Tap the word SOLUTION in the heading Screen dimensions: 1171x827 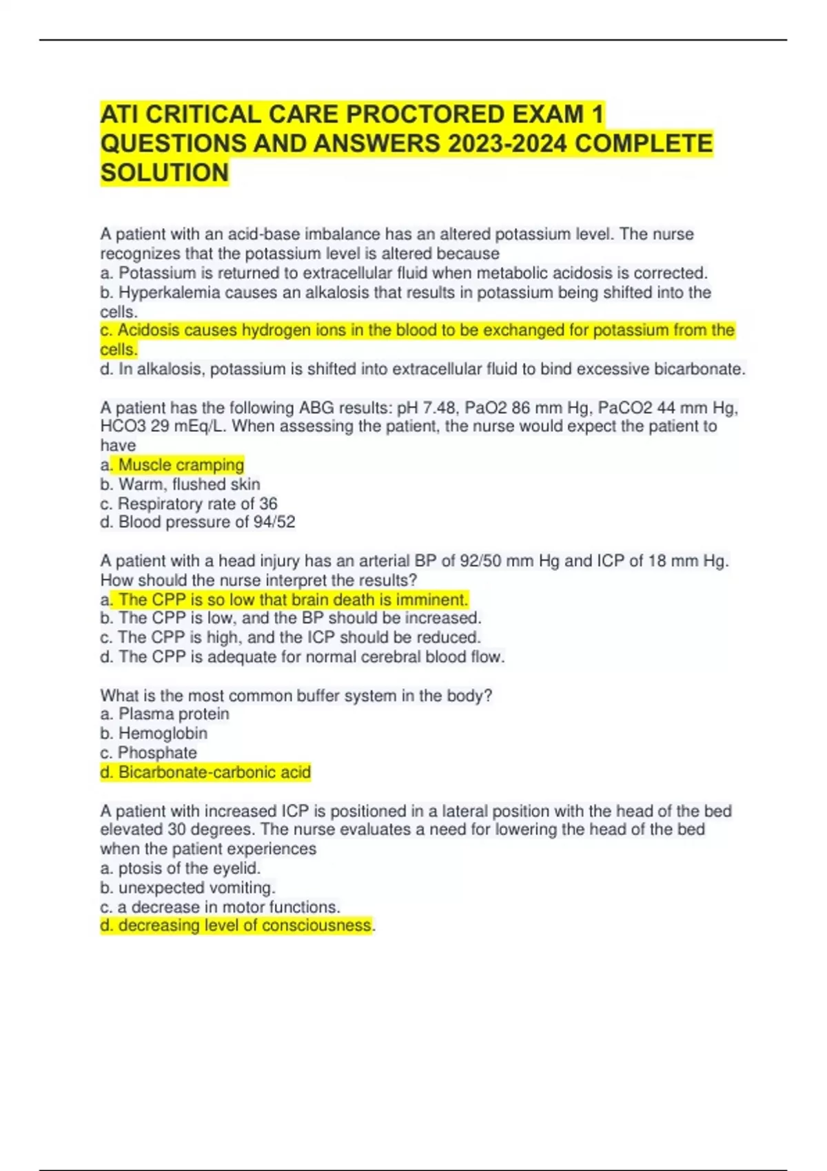pos(164,172)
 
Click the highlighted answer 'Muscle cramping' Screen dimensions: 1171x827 pos(181,465)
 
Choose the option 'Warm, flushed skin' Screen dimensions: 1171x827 pos(189,484)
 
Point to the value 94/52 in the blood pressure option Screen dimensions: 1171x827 pos(274,522)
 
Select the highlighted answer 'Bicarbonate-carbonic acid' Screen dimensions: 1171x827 pos(214,772)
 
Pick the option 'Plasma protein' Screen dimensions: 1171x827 pos(174,714)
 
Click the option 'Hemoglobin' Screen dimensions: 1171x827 pos(163,734)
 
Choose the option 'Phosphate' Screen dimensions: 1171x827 pos(157,753)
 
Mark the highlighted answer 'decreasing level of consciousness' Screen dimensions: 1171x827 pos(245,925)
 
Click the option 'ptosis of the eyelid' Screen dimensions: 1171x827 pos(189,868)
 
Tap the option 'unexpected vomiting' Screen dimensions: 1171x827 pos(196,887)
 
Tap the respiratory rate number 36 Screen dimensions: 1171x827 pos(268,504)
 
